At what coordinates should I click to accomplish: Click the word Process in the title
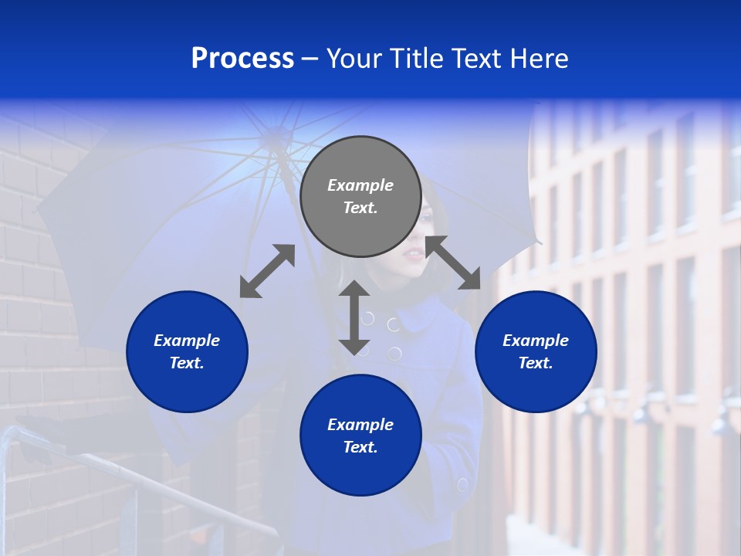point(242,59)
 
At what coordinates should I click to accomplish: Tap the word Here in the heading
point(540,59)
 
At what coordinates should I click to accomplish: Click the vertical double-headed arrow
point(354,317)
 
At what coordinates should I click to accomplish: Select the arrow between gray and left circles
point(267,271)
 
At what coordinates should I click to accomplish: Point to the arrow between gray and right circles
point(453,263)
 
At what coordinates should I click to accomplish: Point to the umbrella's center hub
point(273,139)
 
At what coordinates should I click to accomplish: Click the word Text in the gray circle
point(360,208)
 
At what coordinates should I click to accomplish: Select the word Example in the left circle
point(187,341)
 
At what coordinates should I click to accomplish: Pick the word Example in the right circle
point(536,341)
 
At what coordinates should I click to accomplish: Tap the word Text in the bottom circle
point(360,447)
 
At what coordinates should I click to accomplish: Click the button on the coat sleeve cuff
point(462,485)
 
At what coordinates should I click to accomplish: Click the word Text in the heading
point(479,59)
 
